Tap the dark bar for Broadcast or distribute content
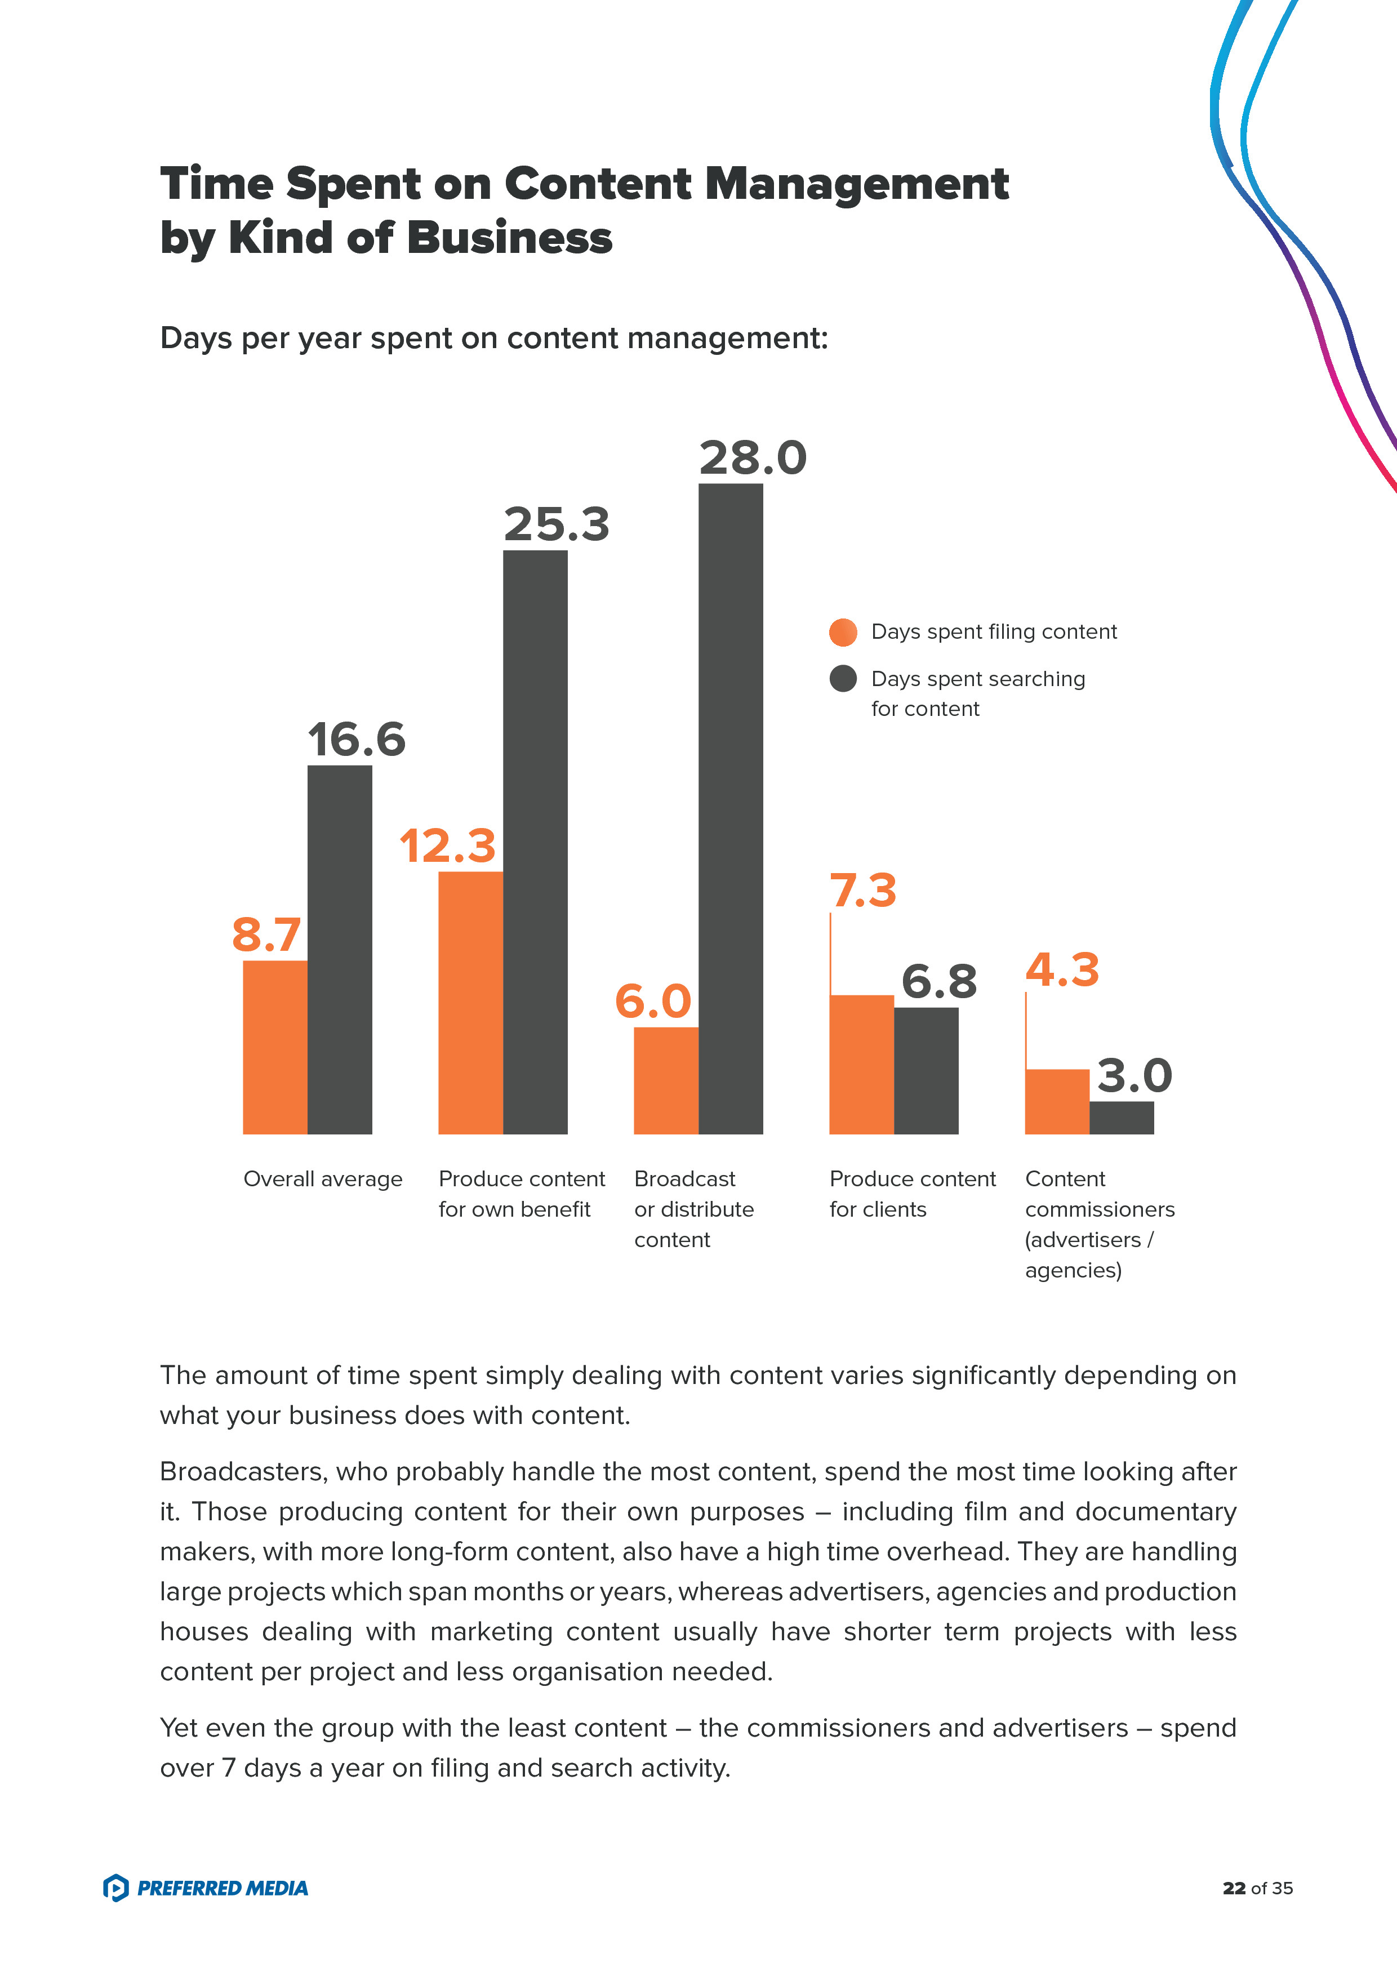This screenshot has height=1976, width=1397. pos(730,808)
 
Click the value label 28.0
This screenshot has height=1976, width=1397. pos(753,458)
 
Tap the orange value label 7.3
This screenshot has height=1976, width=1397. pos(862,890)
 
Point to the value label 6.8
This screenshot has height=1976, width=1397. pos(938,981)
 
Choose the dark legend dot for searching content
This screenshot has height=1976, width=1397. pos(843,678)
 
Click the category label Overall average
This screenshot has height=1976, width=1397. pos(323,1178)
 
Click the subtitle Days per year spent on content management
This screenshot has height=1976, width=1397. pos(493,338)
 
